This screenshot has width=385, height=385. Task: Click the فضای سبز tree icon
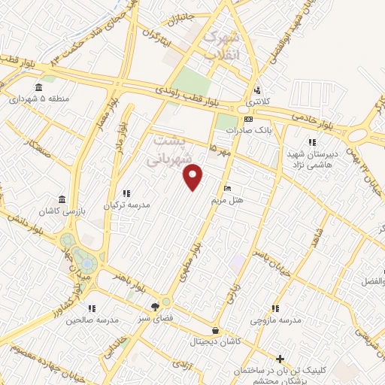155,307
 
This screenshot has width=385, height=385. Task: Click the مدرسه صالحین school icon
91,308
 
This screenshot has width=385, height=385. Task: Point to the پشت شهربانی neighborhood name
168,150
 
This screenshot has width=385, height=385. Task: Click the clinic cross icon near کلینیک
280,359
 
